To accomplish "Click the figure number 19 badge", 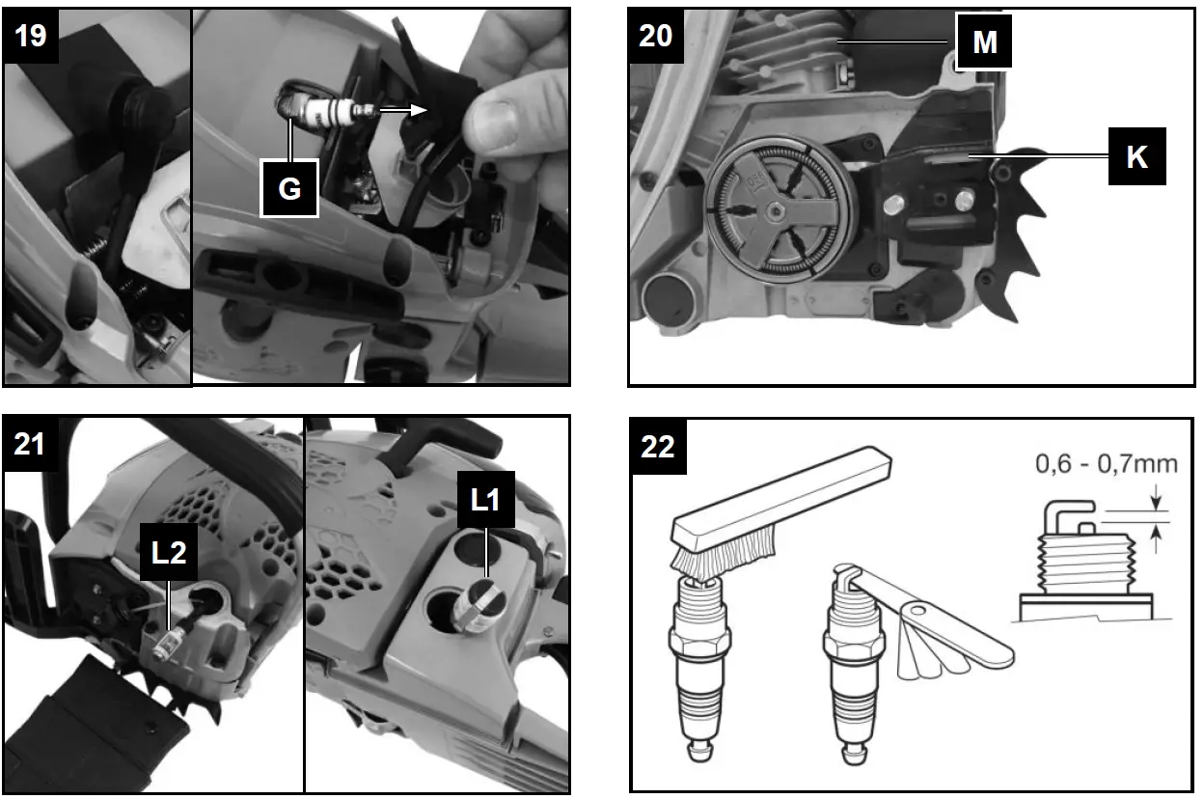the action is point(31,36).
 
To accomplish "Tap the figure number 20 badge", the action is point(656,36).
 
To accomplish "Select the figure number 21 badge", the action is point(30,444).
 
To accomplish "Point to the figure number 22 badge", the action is point(658,447).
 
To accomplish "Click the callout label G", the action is point(289,188).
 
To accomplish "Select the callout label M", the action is point(984,41).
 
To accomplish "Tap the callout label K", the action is point(1136,156).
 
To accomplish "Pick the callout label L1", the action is point(485,500).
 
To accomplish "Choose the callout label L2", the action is point(168,552).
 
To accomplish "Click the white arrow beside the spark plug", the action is point(403,110).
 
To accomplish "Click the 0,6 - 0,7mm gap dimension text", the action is point(1106,463).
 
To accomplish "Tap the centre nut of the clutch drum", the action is point(775,212).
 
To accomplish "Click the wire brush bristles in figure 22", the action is point(723,552).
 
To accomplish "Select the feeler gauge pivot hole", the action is point(918,610).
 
